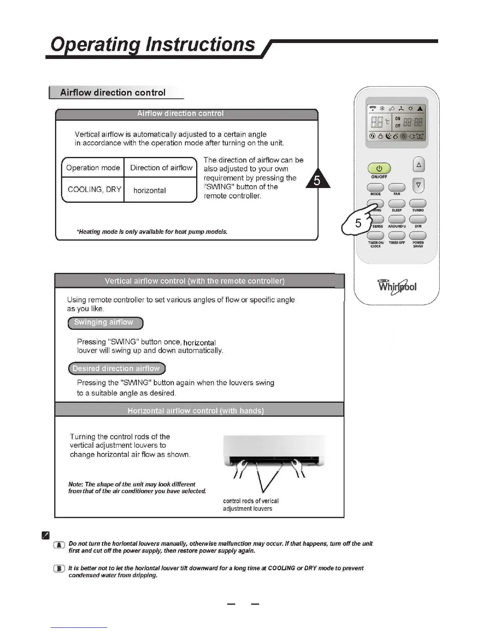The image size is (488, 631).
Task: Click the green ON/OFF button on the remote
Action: [x=379, y=168]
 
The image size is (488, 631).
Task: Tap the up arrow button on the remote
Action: [x=419, y=165]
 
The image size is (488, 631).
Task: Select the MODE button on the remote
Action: [x=375, y=187]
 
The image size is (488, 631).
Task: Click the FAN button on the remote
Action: [x=397, y=187]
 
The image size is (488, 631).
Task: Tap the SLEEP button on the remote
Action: [x=397, y=204]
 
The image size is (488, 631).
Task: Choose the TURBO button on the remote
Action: [x=418, y=204]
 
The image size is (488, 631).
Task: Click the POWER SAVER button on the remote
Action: [x=418, y=236]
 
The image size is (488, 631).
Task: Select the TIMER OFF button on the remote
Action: [x=397, y=236]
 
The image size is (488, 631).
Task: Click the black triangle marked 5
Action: [x=317, y=180]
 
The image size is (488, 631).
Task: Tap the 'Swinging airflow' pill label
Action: [x=105, y=323]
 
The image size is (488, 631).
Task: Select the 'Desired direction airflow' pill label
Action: [x=116, y=368]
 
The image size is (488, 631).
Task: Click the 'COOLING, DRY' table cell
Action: [x=94, y=190]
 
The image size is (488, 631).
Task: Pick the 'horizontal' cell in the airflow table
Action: [x=150, y=190]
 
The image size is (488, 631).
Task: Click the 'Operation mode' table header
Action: [x=93, y=168]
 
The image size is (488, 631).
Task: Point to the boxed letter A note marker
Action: [x=59, y=545]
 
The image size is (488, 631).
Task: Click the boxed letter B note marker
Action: [x=59, y=569]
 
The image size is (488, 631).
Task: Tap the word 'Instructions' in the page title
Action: [x=200, y=44]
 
